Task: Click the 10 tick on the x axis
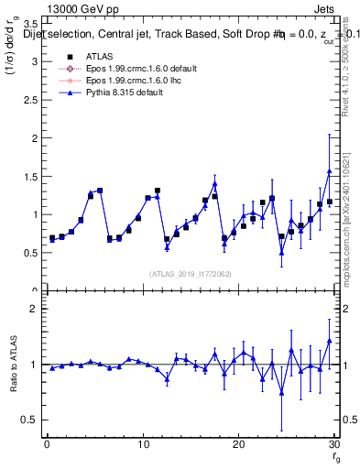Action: [x=142, y=445]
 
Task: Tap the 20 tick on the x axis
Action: [x=238, y=445]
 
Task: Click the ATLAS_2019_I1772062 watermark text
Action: [x=189, y=274]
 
